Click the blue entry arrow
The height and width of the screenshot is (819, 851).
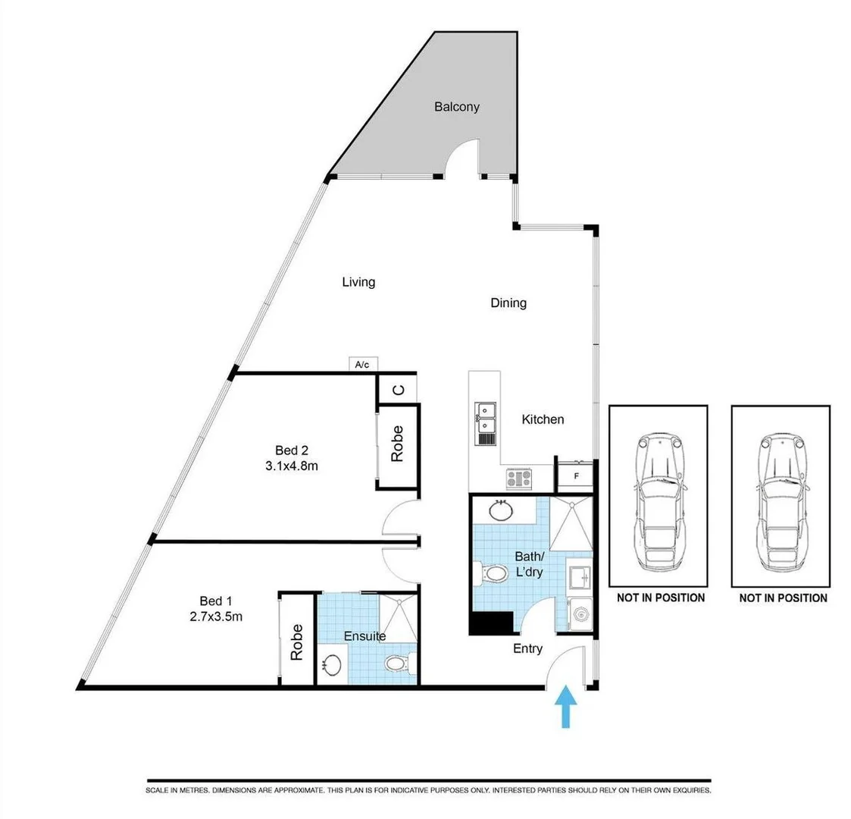click(566, 706)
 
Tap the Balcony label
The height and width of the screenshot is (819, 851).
click(456, 106)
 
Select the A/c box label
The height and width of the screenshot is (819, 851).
click(362, 365)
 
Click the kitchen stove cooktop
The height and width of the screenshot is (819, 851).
click(519, 479)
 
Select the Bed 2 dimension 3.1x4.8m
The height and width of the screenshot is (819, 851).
click(292, 466)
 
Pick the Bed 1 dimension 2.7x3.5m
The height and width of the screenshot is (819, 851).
click(216, 617)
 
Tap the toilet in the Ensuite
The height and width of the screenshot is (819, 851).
click(399, 663)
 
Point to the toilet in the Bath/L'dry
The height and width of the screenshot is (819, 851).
click(490, 573)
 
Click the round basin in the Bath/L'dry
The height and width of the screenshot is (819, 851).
click(500, 510)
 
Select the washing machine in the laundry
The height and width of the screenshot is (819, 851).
click(580, 614)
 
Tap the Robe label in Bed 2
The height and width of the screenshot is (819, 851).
click(397, 444)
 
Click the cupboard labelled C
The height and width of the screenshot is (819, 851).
click(398, 390)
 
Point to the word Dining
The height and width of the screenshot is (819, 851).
click(508, 303)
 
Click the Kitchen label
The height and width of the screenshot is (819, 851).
click(543, 419)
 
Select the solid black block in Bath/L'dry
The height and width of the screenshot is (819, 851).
click(491, 623)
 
